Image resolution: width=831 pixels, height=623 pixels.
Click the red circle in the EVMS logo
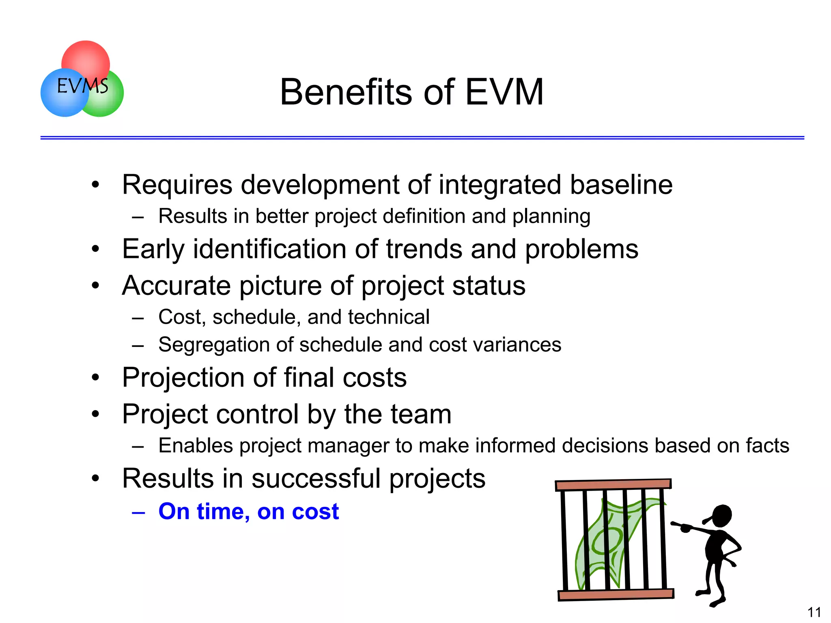[86, 57]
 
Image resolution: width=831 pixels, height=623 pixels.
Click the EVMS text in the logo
[83, 86]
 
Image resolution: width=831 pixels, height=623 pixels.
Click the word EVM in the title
[504, 92]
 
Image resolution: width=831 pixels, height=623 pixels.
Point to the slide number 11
[814, 612]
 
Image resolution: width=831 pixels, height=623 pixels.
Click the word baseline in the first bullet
[621, 185]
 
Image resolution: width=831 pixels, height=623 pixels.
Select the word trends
[424, 249]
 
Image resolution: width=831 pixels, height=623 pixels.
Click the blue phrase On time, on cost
[248, 511]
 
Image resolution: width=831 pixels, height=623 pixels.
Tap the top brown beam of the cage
[613, 485]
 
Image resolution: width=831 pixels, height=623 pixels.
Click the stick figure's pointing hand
[686, 528]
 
